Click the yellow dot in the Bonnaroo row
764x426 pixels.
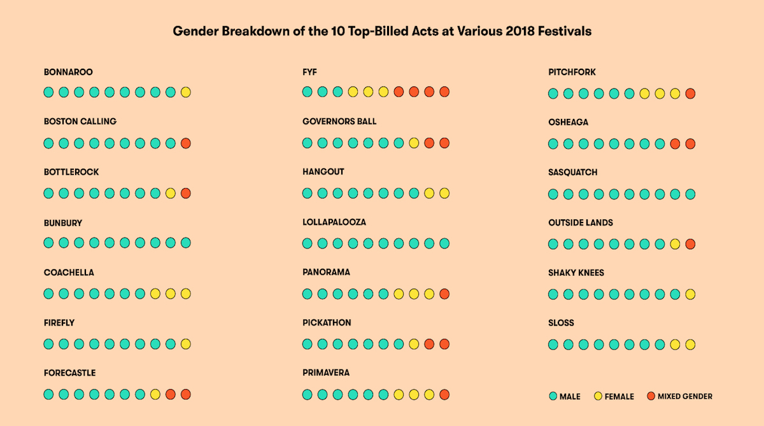point(185,92)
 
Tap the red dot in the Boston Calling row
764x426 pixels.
point(185,143)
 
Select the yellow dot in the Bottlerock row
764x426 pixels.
point(171,193)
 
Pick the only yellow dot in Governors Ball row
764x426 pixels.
point(414,143)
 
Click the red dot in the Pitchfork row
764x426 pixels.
point(690,93)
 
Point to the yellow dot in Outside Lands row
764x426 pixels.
point(675,244)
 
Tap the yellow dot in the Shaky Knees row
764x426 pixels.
point(690,294)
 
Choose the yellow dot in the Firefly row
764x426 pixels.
point(185,344)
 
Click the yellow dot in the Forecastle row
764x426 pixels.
point(155,394)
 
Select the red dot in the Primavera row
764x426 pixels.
point(444,395)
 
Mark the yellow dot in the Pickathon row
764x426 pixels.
point(414,344)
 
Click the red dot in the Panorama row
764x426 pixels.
point(444,294)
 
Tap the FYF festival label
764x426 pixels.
point(309,72)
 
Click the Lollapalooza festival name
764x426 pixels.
point(334,222)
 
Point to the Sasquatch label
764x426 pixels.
point(573,172)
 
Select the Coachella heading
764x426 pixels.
point(69,272)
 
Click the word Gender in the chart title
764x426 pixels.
point(195,31)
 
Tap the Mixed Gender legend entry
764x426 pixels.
point(680,396)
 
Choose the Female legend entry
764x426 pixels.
point(614,396)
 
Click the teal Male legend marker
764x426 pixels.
point(553,396)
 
